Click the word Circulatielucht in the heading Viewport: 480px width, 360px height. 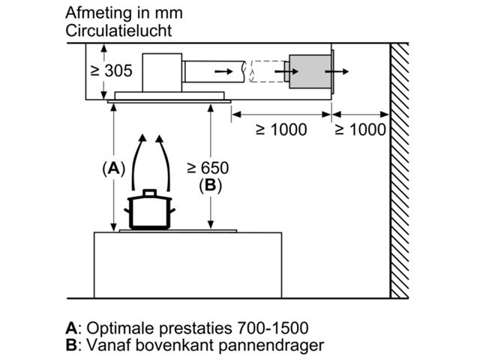(118, 31)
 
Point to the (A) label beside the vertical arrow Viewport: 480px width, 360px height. (113, 168)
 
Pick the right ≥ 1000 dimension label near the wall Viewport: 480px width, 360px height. (360, 130)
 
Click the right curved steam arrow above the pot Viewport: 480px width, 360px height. (167, 161)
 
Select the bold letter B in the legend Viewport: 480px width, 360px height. (72, 345)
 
